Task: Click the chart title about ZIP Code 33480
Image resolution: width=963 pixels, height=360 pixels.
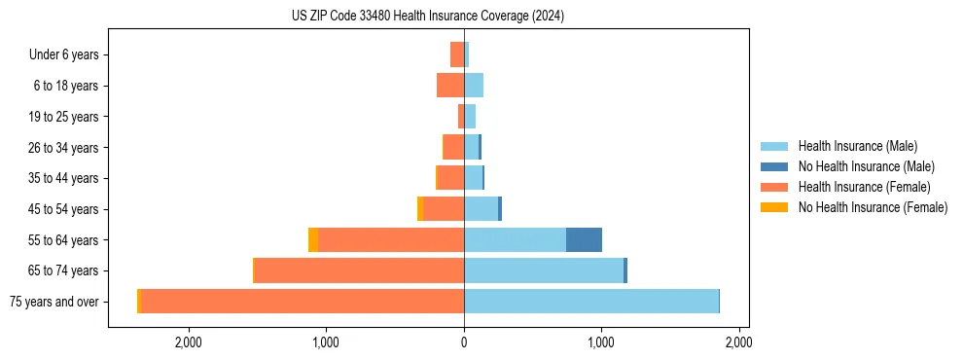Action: pyautogui.click(x=428, y=17)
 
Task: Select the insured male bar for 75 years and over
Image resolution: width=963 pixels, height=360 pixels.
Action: pyautogui.click(x=591, y=302)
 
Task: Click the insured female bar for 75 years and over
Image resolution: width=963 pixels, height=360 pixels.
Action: pyautogui.click(x=303, y=302)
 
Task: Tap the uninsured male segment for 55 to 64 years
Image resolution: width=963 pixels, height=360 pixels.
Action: pyautogui.click(x=584, y=240)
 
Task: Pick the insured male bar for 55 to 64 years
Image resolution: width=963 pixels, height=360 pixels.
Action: pyautogui.click(x=515, y=240)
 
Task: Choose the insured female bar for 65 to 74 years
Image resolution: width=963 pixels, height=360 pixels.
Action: pyautogui.click(x=359, y=270)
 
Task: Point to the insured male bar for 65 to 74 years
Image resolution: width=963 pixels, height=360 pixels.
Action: pyautogui.click(x=544, y=270)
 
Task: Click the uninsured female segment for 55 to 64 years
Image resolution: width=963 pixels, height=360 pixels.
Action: pyautogui.click(x=313, y=240)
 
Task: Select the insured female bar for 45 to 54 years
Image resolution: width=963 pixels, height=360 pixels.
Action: pyautogui.click(x=444, y=209)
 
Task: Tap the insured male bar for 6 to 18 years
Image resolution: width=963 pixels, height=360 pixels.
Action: pyautogui.click(x=474, y=86)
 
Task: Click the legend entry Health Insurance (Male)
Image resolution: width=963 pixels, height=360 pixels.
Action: pyautogui.click(x=856, y=147)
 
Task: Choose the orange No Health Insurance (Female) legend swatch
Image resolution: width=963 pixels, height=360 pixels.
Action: pyautogui.click(x=774, y=207)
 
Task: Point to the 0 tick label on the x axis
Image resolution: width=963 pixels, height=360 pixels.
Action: pyautogui.click(x=464, y=342)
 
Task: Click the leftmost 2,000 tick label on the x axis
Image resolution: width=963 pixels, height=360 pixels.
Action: pyautogui.click(x=188, y=342)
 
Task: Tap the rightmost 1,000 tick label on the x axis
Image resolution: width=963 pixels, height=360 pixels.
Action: pyautogui.click(x=601, y=342)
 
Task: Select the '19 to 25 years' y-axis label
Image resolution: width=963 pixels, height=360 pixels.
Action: pyautogui.click(x=63, y=117)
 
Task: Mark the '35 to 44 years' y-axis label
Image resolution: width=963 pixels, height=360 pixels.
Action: pyautogui.click(x=63, y=178)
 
